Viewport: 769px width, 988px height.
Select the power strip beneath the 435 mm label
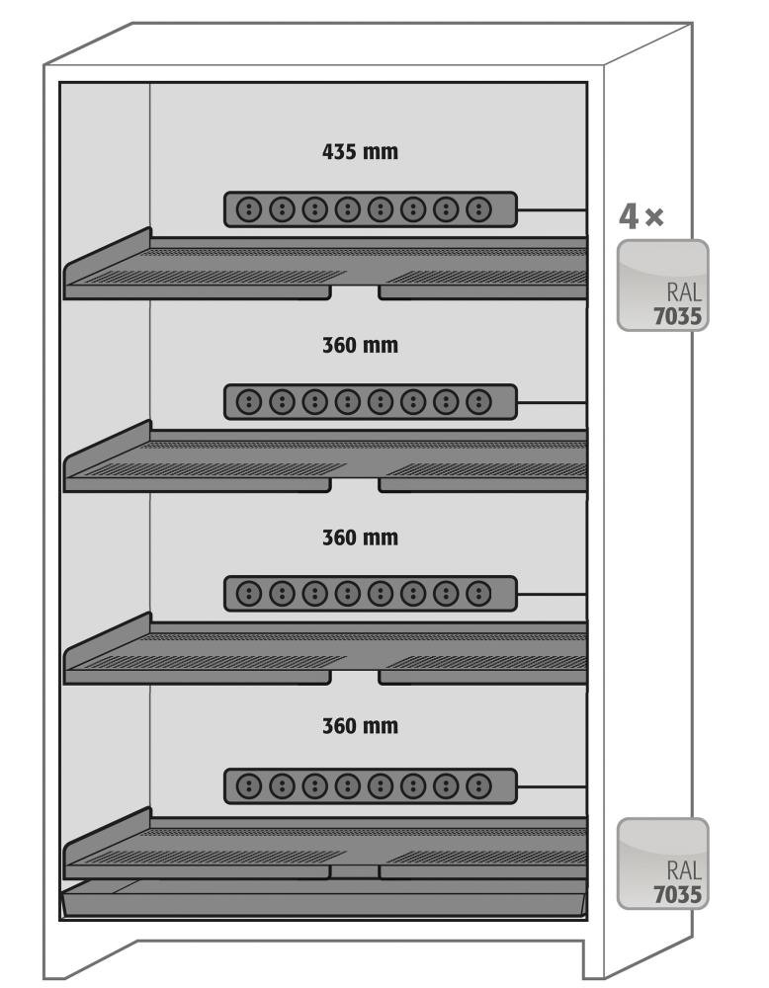pos(370,209)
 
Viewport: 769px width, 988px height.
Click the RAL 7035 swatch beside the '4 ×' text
pos(662,284)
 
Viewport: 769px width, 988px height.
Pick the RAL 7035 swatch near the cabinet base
pos(662,863)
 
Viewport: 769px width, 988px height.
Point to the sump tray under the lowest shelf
pos(324,898)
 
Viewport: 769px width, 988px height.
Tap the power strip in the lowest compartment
pos(370,786)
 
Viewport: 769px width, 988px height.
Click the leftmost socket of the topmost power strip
pos(249,209)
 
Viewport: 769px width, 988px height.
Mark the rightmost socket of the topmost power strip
pos(479,209)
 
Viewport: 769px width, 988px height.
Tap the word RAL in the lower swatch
pos(684,872)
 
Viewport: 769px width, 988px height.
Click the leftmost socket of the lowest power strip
pos(249,786)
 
